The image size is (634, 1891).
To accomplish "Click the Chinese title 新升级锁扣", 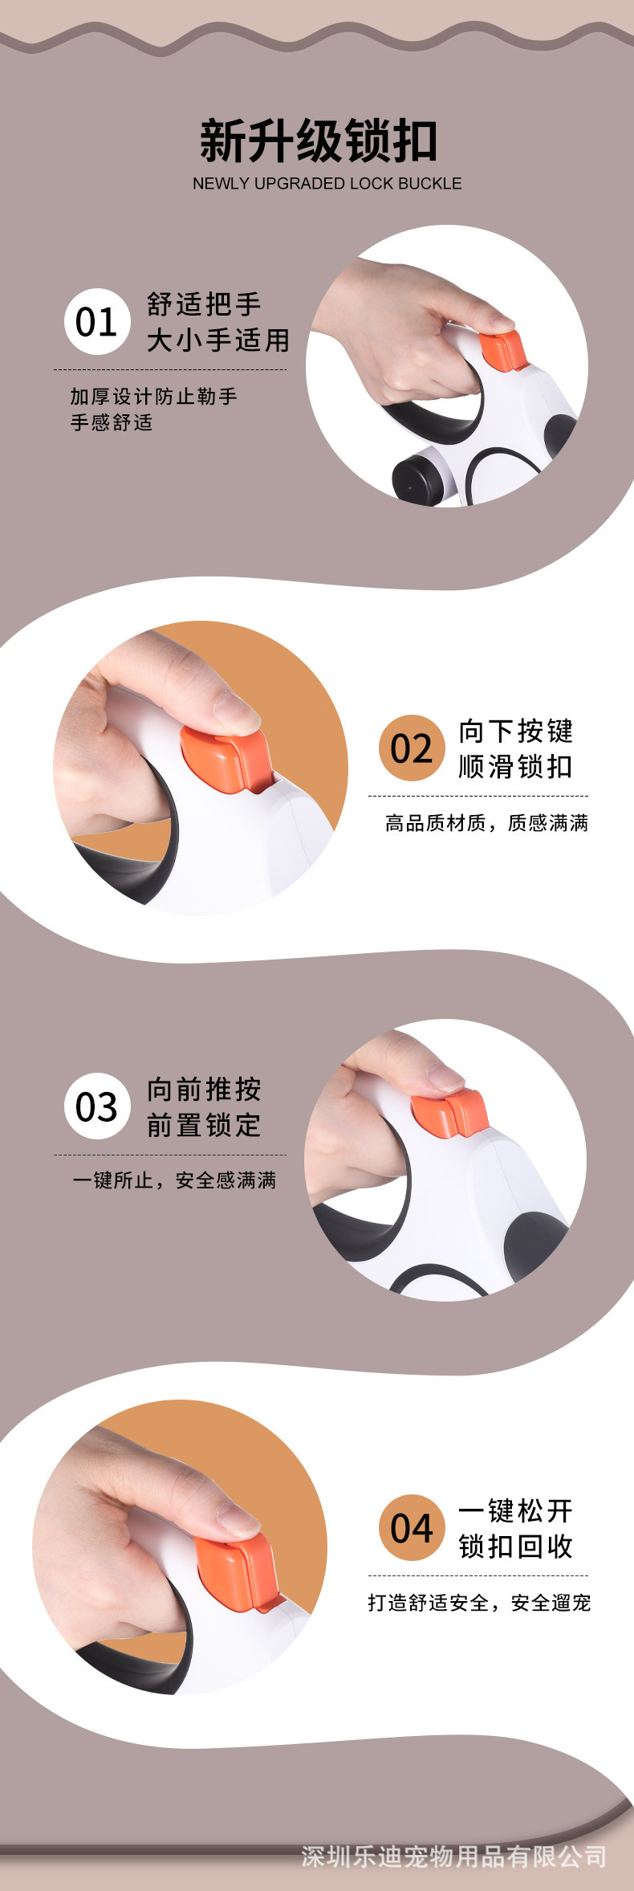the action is pyautogui.click(x=319, y=141).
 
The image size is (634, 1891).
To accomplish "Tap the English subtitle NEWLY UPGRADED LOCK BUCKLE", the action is pyautogui.click(x=327, y=184).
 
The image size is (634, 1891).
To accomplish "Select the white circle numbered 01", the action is pyautogui.click(x=97, y=322).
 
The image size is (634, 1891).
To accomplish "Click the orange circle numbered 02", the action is pyautogui.click(x=412, y=748).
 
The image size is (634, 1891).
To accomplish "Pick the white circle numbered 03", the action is pyautogui.click(x=97, y=1106).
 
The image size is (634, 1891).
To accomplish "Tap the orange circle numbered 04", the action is pyautogui.click(x=412, y=1527).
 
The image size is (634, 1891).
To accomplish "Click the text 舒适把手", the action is pyautogui.click(x=204, y=304).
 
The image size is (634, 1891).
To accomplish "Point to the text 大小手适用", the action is pyautogui.click(x=218, y=340).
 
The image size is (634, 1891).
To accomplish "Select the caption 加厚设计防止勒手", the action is pyautogui.click(x=154, y=396).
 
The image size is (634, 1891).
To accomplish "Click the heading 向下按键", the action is pyautogui.click(x=516, y=731).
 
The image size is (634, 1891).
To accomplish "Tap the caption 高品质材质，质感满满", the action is pyautogui.click(x=487, y=823).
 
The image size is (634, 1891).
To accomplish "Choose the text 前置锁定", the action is pyautogui.click(x=204, y=1125).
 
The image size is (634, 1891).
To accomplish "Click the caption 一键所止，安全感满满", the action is pyautogui.click(x=174, y=1180).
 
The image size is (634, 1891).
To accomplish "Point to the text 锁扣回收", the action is pyautogui.click(x=516, y=1546).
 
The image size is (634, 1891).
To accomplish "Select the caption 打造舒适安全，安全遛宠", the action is pyautogui.click(x=479, y=1603).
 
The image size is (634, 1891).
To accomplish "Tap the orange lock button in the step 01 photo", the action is pyautogui.click(x=503, y=349).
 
